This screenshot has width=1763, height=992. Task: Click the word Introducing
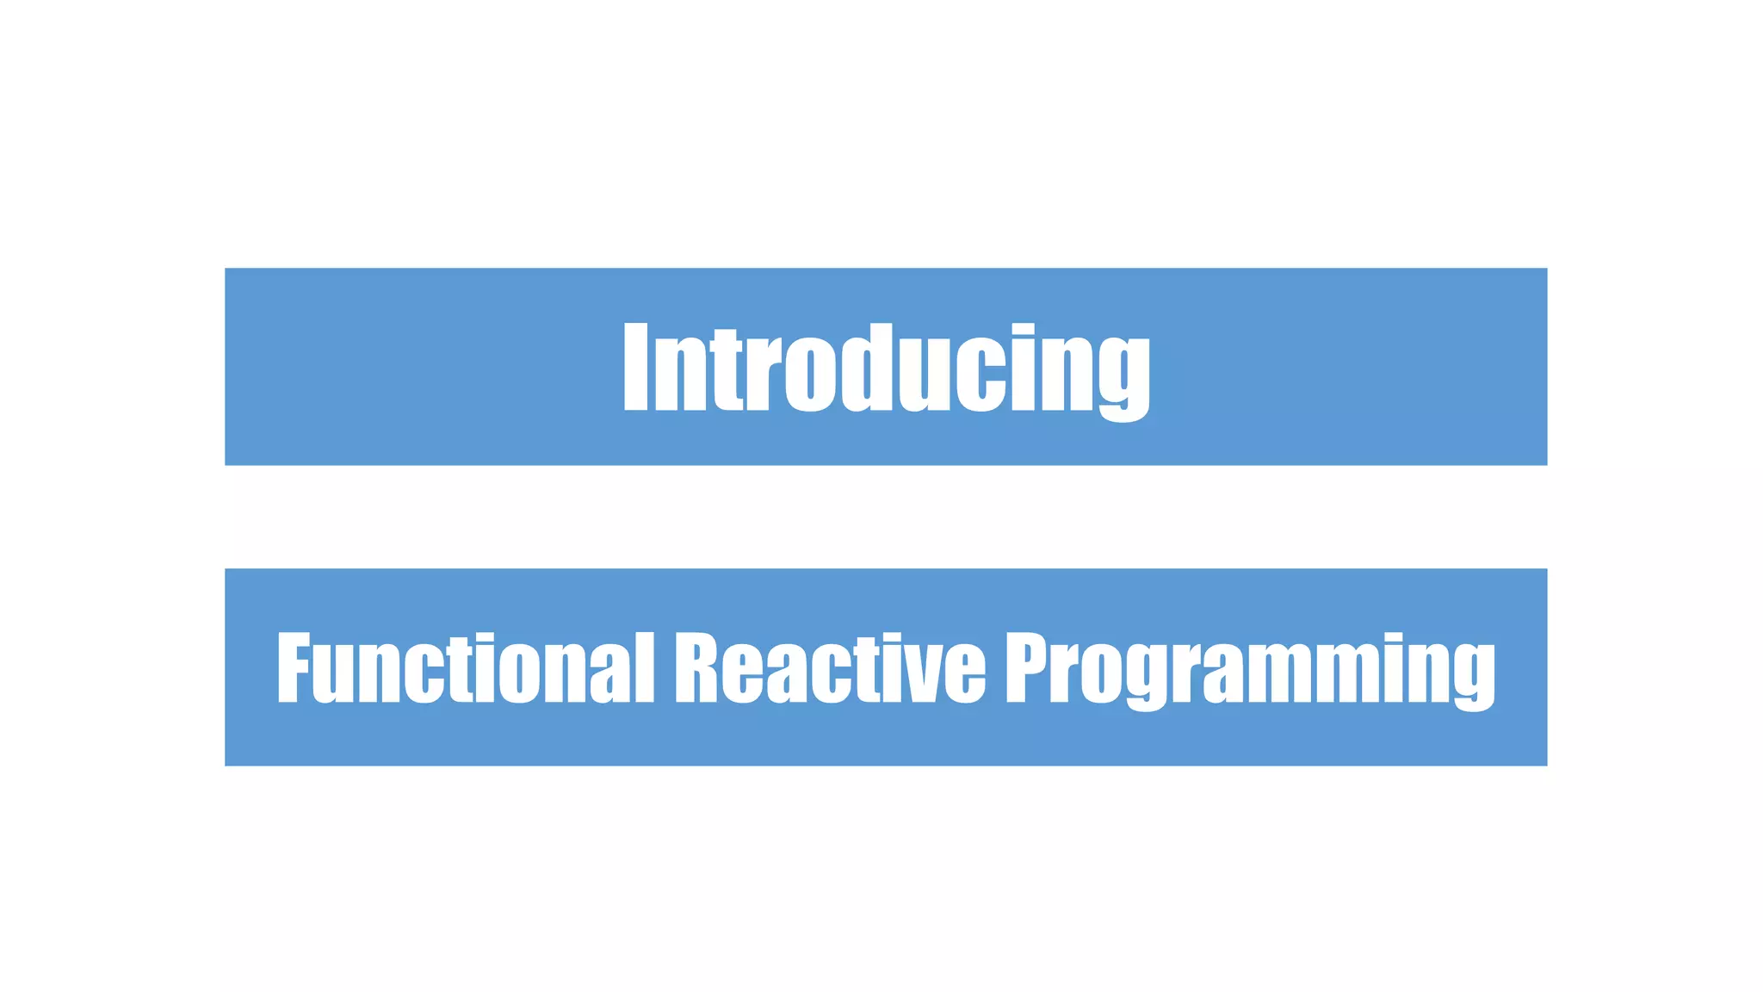click(887, 369)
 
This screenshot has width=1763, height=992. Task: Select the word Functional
click(465, 668)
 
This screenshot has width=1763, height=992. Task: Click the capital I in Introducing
click(635, 369)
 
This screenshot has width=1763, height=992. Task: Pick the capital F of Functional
click(293, 668)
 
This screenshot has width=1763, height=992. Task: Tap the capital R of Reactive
click(696, 668)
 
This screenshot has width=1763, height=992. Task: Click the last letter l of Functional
click(646, 668)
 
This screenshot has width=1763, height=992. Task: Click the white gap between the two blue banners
click(887, 517)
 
